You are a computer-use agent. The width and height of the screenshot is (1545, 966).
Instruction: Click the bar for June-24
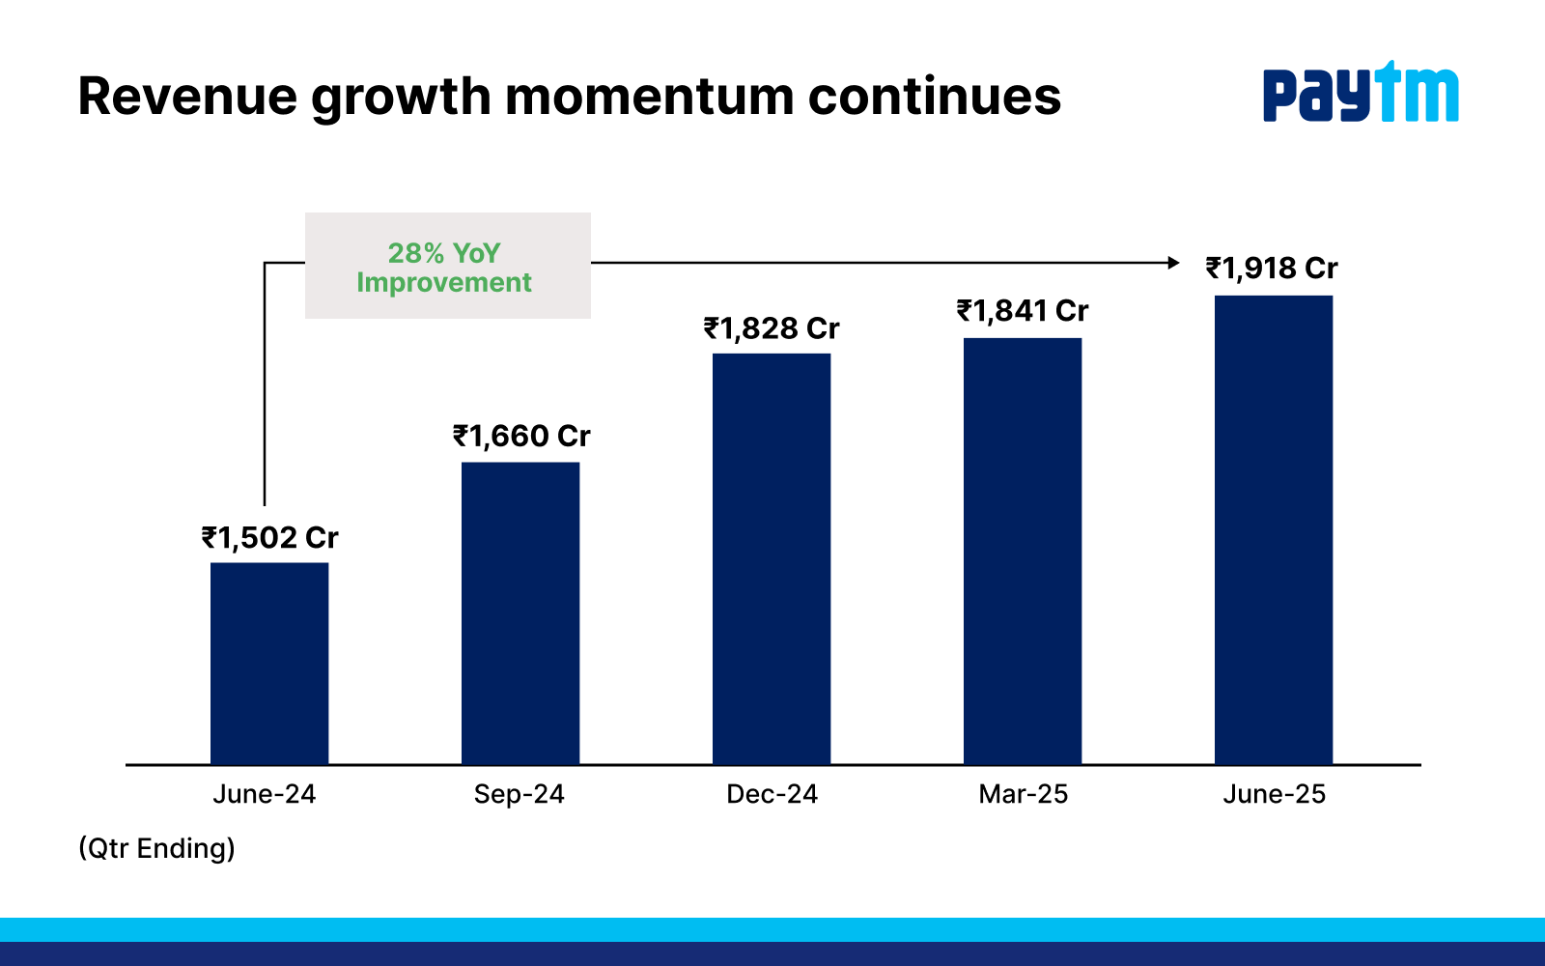(x=269, y=664)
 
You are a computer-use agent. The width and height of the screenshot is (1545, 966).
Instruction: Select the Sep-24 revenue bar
(x=520, y=613)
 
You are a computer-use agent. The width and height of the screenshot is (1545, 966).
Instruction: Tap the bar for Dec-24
(x=772, y=559)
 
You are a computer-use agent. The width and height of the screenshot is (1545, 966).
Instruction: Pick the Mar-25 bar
(x=1023, y=552)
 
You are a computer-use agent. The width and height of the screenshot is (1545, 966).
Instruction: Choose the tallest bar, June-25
(x=1274, y=530)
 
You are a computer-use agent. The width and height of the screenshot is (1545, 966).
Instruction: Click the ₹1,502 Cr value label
(x=269, y=538)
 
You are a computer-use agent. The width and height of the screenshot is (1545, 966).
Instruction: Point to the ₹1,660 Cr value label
(x=521, y=437)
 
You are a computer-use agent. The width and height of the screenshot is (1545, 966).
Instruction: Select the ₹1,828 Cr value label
(x=772, y=329)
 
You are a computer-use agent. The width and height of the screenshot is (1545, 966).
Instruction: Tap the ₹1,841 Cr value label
(x=1023, y=311)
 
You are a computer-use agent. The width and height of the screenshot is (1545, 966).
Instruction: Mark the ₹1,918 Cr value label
(x=1272, y=269)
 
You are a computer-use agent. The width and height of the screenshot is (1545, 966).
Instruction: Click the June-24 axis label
(x=265, y=794)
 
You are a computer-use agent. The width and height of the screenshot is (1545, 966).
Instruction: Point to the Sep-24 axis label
(x=519, y=795)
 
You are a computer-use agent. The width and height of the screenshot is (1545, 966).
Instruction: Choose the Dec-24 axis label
(x=772, y=794)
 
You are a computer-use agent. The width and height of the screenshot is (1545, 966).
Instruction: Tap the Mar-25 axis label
(x=1023, y=794)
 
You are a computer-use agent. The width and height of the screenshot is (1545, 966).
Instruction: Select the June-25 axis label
(x=1274, y=794)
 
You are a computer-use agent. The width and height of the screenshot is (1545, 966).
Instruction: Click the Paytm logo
(x=1361, y=92)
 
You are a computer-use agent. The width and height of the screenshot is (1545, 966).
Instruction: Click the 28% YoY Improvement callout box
(x=448, y=266)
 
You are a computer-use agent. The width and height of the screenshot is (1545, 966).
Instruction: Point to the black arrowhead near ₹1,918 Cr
(x=1173, y=263)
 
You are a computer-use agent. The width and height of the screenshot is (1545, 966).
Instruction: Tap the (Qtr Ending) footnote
(x=156, y=849)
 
